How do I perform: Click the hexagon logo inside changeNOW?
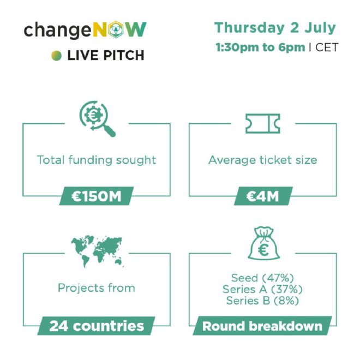point(116,29)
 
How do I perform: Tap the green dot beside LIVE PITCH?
point(57,56)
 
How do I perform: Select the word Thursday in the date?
point(250,28)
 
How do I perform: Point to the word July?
point(320,28)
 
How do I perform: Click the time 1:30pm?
point(237,47)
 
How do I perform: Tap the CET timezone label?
point(327,47)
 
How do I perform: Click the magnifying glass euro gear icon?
point(97,118)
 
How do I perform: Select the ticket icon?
point(263,123)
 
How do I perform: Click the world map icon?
point(97,251)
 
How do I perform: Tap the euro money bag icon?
point(264,243)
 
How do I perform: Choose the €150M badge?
point(97,196)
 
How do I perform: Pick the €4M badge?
point(263,196)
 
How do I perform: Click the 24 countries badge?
point(96,326)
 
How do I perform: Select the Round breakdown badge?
point(262,326)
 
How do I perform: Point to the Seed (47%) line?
point(262,278)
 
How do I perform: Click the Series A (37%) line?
point(262,289)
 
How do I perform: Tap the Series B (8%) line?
point(262,301)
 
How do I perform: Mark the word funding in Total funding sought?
point(90,160)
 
